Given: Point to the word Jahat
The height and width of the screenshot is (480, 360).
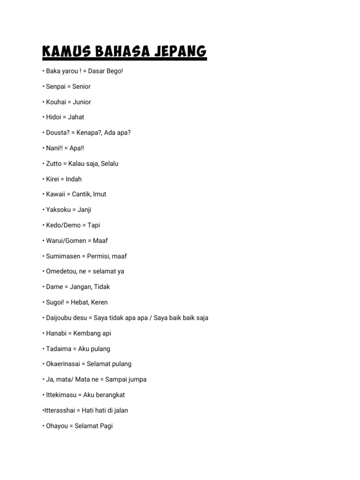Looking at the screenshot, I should (x=76, y=117).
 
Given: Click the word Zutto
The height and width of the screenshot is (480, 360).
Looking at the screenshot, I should (x=54, y=164).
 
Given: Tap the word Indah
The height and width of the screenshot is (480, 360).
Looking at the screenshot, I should (x=74, y=179).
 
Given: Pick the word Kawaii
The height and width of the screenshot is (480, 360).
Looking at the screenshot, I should (x=56, y=194).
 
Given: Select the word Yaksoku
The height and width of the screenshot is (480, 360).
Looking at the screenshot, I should (x=58, y=210).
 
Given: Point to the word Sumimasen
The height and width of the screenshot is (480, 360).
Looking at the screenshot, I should (x=63, y=256).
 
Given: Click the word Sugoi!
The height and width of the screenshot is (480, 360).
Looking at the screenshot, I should (x=56, y=302).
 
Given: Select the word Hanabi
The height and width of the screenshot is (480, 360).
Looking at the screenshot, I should (x=56, y=333).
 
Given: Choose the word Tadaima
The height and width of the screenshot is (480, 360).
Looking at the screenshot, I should (x=59, y=349).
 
